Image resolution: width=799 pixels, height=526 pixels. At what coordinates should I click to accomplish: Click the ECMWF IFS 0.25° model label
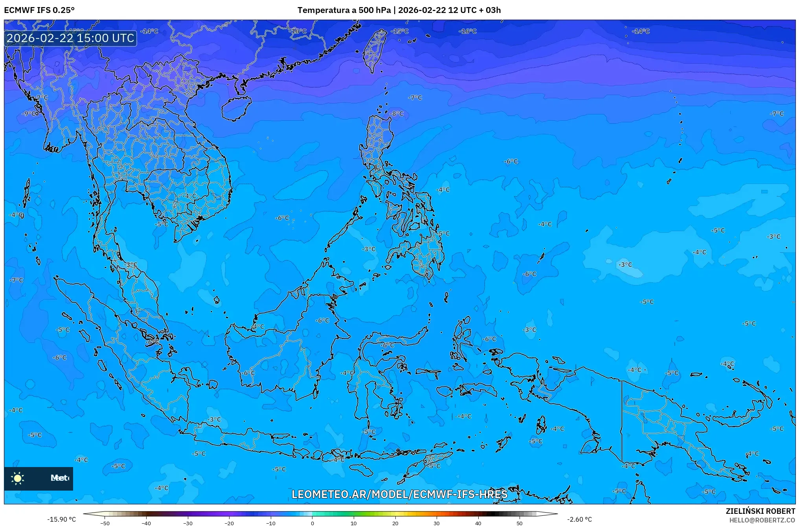tap(39, 10)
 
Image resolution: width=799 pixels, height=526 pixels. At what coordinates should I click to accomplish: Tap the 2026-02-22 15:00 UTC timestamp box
tap(70, 38)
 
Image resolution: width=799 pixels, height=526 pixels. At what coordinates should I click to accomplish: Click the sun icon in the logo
tap(18, 478)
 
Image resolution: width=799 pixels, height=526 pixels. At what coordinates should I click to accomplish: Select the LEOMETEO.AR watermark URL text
tap(399, 494)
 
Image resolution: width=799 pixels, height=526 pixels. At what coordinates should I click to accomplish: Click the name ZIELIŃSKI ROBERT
tap(760, 511)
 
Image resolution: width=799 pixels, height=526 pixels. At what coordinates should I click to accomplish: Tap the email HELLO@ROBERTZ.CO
tap(762, 520)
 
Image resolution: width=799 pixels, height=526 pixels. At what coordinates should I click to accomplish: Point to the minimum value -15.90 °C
tap(62, 519)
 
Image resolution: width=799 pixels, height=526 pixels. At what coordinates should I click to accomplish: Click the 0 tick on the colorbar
tap(312, 523)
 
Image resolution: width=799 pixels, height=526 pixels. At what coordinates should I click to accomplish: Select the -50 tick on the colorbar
tap(105, 523)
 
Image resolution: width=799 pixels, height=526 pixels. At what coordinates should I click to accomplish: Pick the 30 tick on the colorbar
tap(437, 523)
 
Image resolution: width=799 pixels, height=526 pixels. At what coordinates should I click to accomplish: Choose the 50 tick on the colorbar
tap(520, 523)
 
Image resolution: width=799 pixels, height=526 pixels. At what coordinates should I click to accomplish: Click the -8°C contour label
tap(397, 114)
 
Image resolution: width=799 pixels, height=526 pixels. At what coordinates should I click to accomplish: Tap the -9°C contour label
tap(30, 114)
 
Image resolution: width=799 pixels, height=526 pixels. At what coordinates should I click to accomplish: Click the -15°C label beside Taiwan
tap(400, 31)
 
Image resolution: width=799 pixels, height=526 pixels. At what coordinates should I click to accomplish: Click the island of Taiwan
tap(374, 49)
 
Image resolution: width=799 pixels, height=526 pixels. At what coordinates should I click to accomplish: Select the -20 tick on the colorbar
tap(229, 523)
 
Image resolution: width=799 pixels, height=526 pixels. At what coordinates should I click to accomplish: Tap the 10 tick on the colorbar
tap(354, 523)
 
